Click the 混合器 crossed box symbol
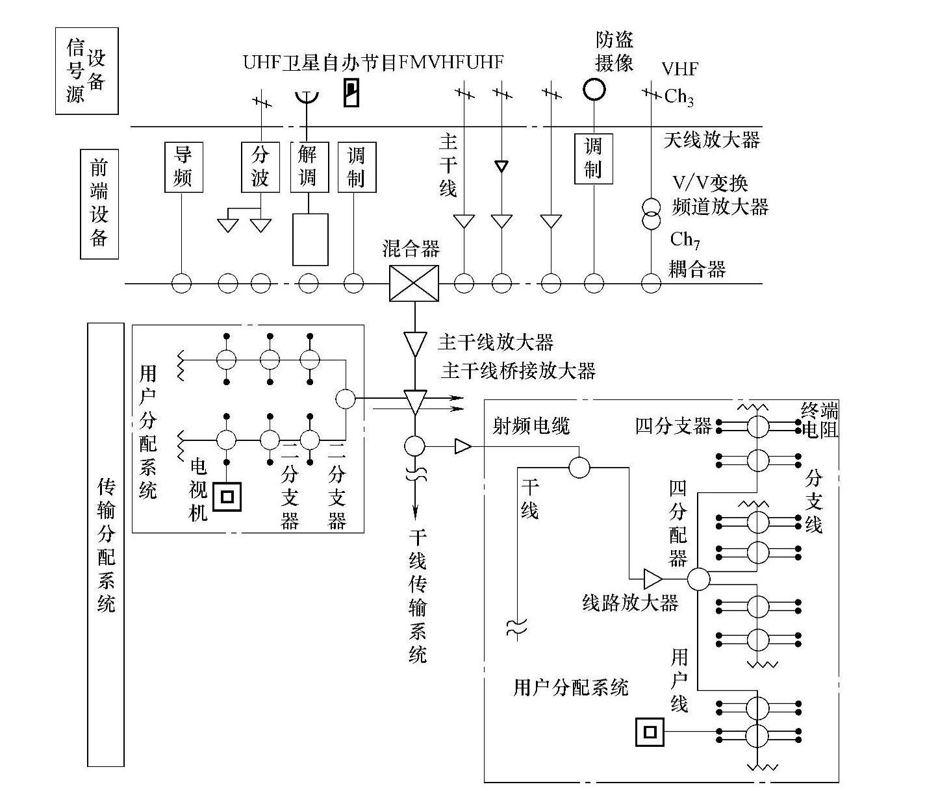tap(414, 284)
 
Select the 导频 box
tap(183, 167)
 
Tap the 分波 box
tap(260, 167)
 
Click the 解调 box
tap(308, 167)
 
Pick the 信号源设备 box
tap(86, 71)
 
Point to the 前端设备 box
tap(99, 204)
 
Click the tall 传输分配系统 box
tap(105, 544)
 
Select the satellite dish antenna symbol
tap(306, 97)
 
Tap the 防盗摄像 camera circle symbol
tap(593, 88)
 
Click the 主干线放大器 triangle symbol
tap(414, 342)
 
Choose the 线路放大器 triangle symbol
tap(652, 578)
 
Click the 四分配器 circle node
tap(698, 579)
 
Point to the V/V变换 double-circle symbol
tap(651, 214)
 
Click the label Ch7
tap(685, 240)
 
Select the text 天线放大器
tap(711, 140)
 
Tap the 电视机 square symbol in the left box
tap(227, 497)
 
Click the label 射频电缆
tap(531, 426)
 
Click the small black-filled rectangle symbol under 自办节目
tap(351, 94)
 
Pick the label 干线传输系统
tap(418, 596)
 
